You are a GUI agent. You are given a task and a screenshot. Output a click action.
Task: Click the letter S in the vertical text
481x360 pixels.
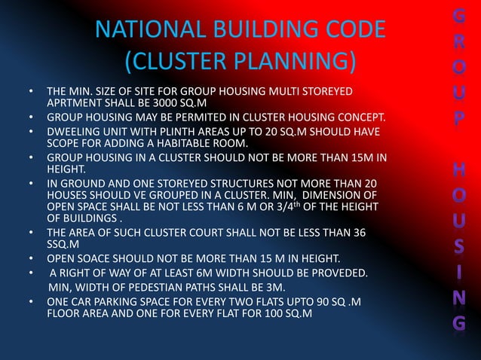(x=460, y=248)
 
